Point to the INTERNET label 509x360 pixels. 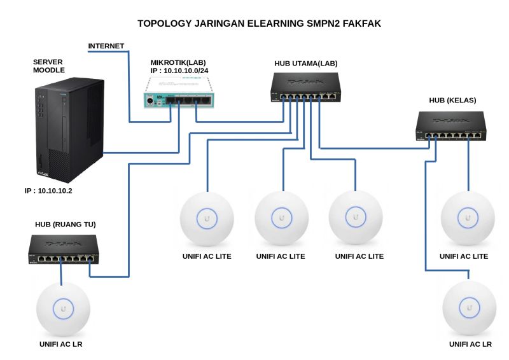106,46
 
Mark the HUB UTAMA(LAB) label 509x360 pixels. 305,64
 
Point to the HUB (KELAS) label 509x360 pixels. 452,100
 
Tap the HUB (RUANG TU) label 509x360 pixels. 66,225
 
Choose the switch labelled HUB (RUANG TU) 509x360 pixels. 64,249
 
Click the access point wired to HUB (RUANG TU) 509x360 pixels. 62,308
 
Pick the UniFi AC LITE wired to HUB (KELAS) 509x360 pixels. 468,218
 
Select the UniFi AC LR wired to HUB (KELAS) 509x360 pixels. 470,307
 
